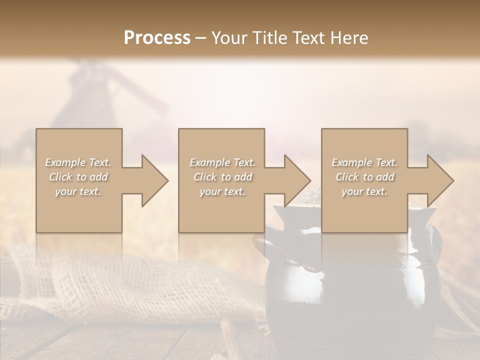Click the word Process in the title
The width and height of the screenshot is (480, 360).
click(x=157, y=38)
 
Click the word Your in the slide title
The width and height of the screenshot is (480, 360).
click(x=230, y=38)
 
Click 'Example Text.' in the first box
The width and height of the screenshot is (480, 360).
click(x=78, y=162)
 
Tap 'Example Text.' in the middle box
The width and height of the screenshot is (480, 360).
click(x=222, y=162)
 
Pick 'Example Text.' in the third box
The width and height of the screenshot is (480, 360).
click(x=364, y=162)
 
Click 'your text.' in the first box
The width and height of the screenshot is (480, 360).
click(x=78, y=191)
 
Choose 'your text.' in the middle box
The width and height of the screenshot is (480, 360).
click(x=222, y=191)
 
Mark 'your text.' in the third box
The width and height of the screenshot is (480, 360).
click(x=364, y=191)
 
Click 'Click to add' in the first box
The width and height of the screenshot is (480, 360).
click(x=78, y=177)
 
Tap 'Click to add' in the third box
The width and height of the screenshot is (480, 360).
click(x=364, y=177)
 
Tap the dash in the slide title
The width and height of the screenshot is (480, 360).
click(x=201, y=38)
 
